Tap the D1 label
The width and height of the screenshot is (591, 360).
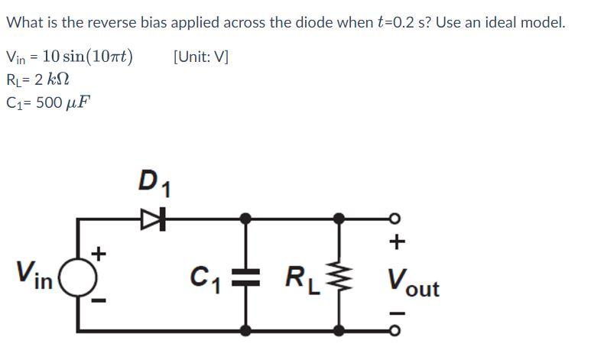[154, 183]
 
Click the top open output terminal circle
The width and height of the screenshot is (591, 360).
[396, 219]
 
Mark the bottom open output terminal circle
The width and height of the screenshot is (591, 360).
[396, 329]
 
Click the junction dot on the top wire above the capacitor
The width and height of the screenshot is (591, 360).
[245, 219]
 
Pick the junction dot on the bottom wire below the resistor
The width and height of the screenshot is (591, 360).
[340, 329]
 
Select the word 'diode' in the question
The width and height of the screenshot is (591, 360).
[311, 21]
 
